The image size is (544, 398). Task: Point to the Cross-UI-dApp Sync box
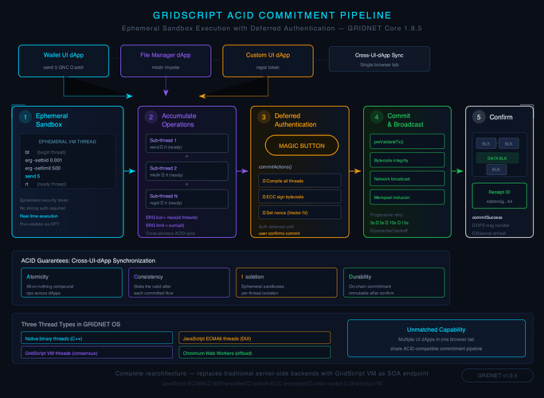coord(379,59)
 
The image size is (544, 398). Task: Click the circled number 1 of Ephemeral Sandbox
coord(25,118)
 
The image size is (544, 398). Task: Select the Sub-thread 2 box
coord(184,172)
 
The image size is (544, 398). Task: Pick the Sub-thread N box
coord(184,199)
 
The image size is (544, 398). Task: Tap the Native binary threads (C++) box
coord(95,338)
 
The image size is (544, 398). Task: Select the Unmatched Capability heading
coord(435,329)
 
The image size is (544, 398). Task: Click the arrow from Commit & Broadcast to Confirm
coord(458,170)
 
